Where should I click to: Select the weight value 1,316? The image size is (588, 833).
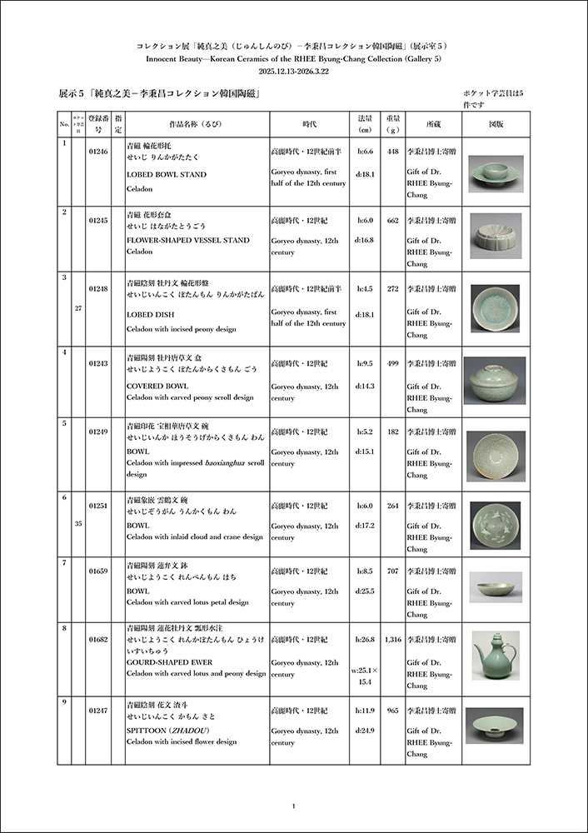(x=393, y=639)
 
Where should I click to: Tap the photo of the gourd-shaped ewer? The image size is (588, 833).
(x=495, y=656)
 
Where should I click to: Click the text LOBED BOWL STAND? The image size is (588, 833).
(x=167, y=175)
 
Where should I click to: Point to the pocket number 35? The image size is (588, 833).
(x=78, y=525)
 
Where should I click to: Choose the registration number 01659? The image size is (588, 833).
(x=98, y=571)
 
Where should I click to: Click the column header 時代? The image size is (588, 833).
(x=309, y=124)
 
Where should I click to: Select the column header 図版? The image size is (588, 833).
(x=495, y=124)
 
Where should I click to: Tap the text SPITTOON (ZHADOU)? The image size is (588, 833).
(x=168, y=731)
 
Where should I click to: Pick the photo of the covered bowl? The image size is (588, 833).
(x=495, y=381)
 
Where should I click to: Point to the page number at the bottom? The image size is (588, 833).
(x=294, y=806)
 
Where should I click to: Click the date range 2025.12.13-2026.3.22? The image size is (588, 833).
(x=294, y=72)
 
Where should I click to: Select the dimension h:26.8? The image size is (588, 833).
(x=365, y=639)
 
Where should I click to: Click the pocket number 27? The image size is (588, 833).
(x=78, y=308)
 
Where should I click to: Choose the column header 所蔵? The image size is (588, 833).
(x=433, y=124)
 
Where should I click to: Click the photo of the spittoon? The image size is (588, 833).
(x=495, y=726)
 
